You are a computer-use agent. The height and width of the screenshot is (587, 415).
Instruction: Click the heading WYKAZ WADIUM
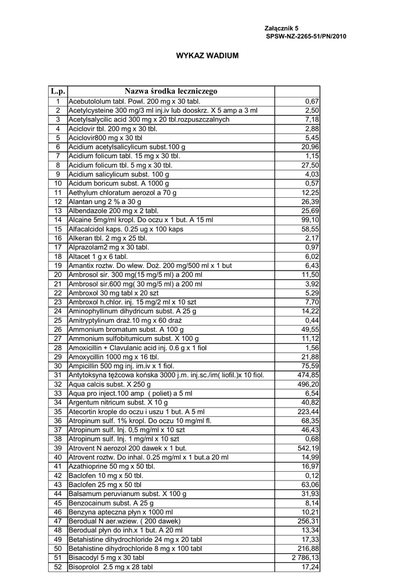(207, 56)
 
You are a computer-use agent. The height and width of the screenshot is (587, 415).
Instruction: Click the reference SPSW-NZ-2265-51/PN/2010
(306, 36)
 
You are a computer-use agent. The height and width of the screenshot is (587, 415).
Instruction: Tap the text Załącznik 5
(281, 28)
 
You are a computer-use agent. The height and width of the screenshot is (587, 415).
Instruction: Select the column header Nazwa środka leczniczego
(171, 91)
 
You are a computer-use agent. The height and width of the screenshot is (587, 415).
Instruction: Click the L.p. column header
(58, 91)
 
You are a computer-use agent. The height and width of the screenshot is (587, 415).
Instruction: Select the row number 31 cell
(58, 375)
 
